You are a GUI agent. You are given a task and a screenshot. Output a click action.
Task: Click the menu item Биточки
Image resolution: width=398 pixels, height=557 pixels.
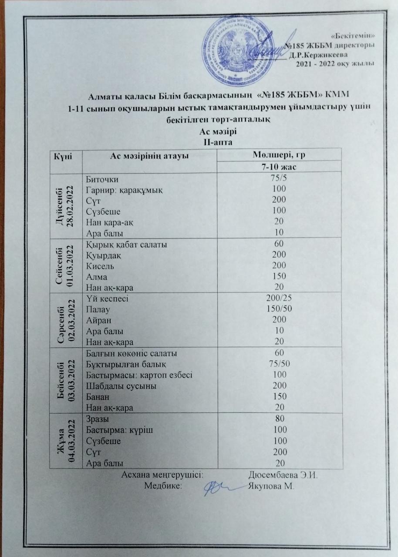(x=102, y=179)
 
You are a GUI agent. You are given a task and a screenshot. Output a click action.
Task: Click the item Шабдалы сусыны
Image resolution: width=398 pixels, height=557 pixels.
(x=115, y=386)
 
